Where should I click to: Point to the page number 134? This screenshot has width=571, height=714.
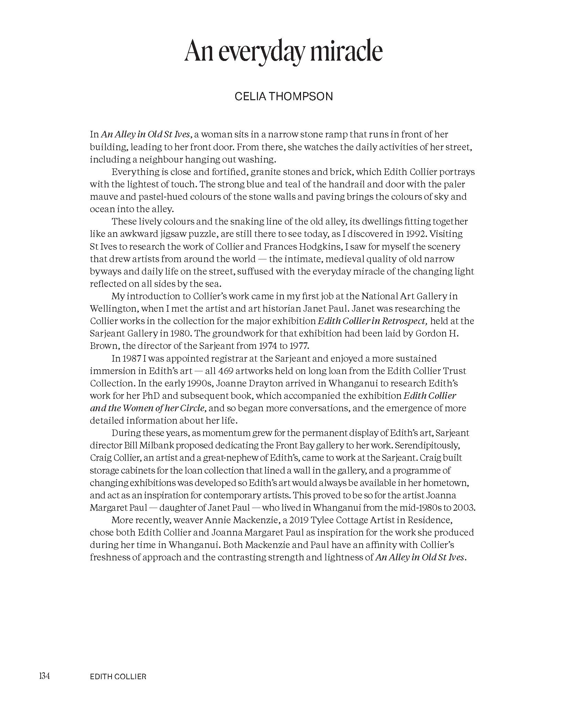tap(44, 676)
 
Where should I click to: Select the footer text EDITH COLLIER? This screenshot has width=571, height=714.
tap(118, 676)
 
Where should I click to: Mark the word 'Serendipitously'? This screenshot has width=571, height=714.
tap(427, 445)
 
